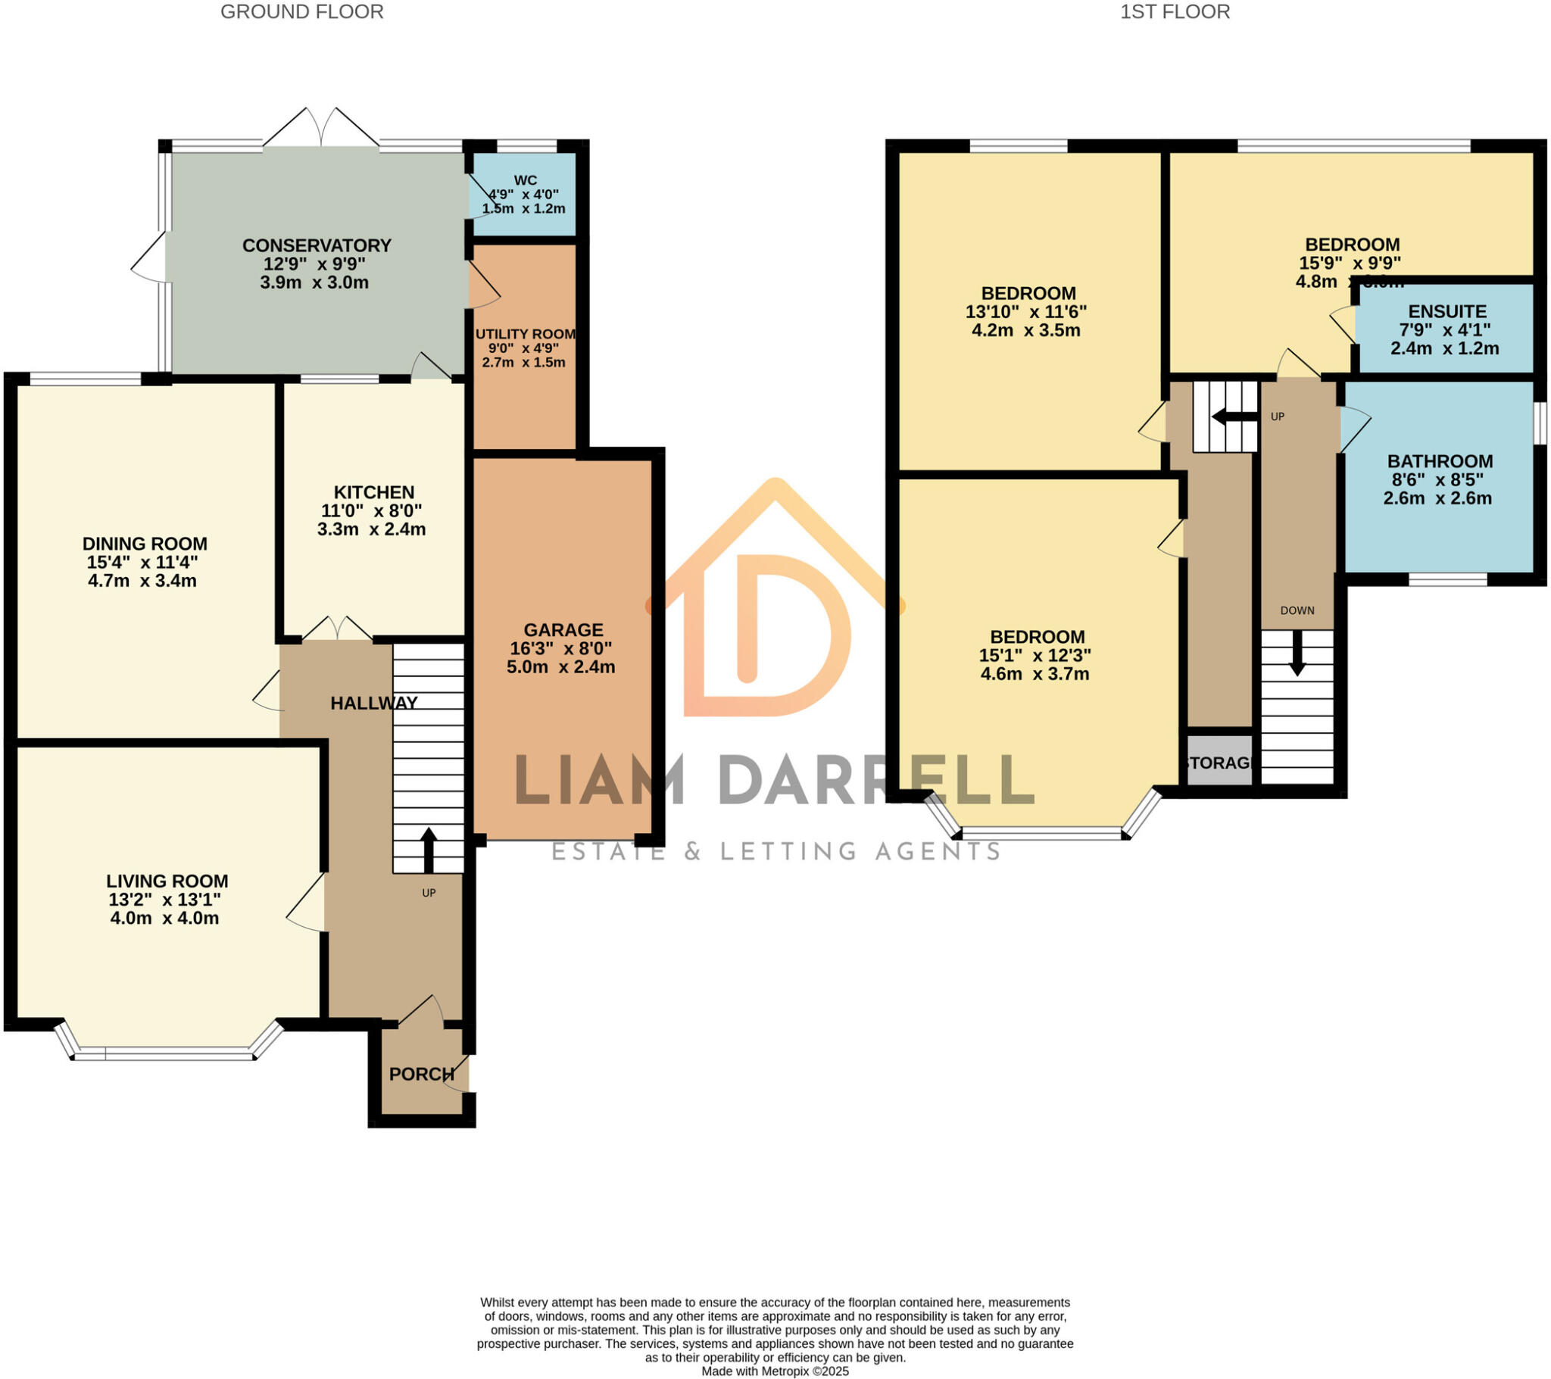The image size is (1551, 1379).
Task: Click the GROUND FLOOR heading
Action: [301, 12]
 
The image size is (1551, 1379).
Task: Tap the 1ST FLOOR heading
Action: [1175, 12]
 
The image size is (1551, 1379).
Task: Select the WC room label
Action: [525, 180]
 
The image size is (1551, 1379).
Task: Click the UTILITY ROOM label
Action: [525, 334]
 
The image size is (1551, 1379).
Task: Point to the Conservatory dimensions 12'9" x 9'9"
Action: [315, 264]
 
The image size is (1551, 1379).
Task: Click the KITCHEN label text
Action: [374, 491]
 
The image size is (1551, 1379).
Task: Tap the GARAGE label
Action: [563, 629]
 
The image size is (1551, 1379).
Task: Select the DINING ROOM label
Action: [144, 544]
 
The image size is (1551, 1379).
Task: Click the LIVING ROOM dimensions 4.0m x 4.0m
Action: [164, 919]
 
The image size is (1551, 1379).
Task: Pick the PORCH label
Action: [422, 1074]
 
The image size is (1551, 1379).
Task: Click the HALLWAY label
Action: [374, 703]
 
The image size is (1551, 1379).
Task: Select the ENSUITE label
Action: [1447, 311]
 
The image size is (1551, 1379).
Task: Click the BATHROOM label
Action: [1440, 460]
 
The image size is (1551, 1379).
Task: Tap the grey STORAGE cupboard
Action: [1219, 762]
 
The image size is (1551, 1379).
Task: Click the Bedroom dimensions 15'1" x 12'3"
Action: [1035, 655]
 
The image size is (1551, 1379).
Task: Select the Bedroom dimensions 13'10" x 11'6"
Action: [1026, 311]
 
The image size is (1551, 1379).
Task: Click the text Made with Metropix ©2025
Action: [775, 1371]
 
